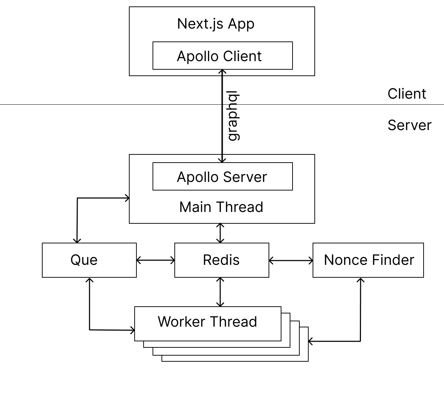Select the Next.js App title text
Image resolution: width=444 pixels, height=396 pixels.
216,24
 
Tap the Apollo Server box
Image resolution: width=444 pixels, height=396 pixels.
222,177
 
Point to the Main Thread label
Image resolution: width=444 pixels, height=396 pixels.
221,207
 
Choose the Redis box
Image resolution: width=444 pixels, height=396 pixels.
222,260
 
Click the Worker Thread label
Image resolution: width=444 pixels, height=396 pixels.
207,322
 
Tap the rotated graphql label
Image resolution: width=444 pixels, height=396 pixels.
233,116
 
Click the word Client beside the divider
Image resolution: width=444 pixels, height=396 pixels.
406,94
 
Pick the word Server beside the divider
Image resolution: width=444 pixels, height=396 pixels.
409,125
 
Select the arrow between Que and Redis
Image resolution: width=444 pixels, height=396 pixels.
155,261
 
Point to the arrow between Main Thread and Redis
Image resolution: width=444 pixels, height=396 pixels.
221,233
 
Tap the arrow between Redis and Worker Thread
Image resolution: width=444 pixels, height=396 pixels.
221,292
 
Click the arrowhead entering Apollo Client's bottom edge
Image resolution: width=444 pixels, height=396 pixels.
222,72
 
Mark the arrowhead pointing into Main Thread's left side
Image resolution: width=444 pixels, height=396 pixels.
127,198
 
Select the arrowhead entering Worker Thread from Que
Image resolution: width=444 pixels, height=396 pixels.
132,330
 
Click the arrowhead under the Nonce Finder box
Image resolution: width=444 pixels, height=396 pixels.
361,280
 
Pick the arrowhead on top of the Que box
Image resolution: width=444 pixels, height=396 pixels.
77,241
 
